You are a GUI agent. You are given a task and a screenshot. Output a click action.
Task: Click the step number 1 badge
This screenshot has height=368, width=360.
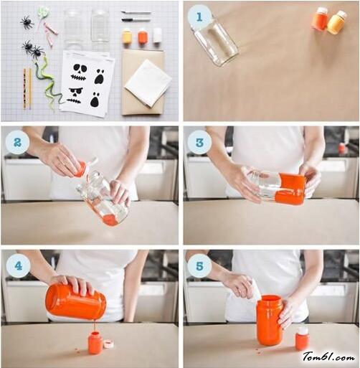(199, 16)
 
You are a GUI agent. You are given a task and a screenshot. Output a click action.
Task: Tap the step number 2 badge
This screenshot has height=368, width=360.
(17, 142)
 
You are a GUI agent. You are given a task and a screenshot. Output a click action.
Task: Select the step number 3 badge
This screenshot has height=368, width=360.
(199, 142)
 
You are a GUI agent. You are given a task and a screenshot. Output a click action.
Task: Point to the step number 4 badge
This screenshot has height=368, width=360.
(18, 265)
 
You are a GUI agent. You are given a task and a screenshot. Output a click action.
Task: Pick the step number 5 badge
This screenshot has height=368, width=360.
(199, 265)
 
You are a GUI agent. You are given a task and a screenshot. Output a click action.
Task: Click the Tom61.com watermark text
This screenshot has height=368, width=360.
(328, 357)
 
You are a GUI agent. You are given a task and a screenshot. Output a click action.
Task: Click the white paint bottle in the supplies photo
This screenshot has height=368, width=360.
(157, 35)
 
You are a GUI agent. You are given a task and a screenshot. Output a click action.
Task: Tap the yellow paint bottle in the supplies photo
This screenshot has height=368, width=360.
(127, 37)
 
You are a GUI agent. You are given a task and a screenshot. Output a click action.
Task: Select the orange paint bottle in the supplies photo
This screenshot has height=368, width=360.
(143, 36)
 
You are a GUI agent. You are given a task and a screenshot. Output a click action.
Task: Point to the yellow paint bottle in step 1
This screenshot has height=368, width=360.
(336, 22)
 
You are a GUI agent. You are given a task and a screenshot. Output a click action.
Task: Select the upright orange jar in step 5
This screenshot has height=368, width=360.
(270, 320)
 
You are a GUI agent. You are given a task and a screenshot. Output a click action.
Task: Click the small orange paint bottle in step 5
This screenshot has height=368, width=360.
(303, 339)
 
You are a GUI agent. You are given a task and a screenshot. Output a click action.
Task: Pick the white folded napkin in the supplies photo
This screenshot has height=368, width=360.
(148, 82)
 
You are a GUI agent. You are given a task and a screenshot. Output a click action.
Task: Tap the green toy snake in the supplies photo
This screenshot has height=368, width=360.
(48, 81)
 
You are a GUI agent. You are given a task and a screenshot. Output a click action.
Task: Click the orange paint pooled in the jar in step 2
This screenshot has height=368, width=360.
(110, 220)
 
